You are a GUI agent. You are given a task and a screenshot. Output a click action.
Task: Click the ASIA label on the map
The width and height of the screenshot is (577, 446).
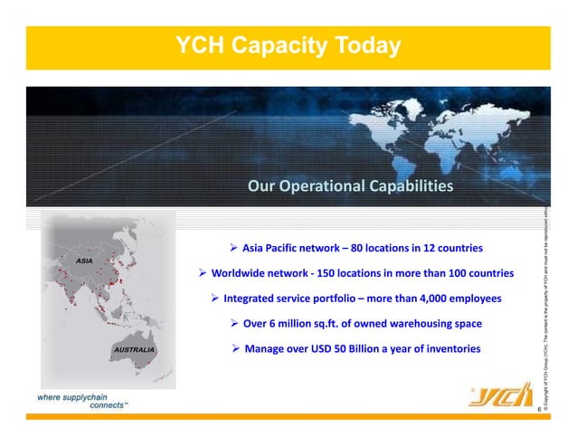click(84, 261)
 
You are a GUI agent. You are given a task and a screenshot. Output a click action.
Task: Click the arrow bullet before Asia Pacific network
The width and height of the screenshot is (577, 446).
click(233, 248)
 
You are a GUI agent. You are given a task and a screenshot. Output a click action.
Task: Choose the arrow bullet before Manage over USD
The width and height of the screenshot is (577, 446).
click(235, 348)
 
